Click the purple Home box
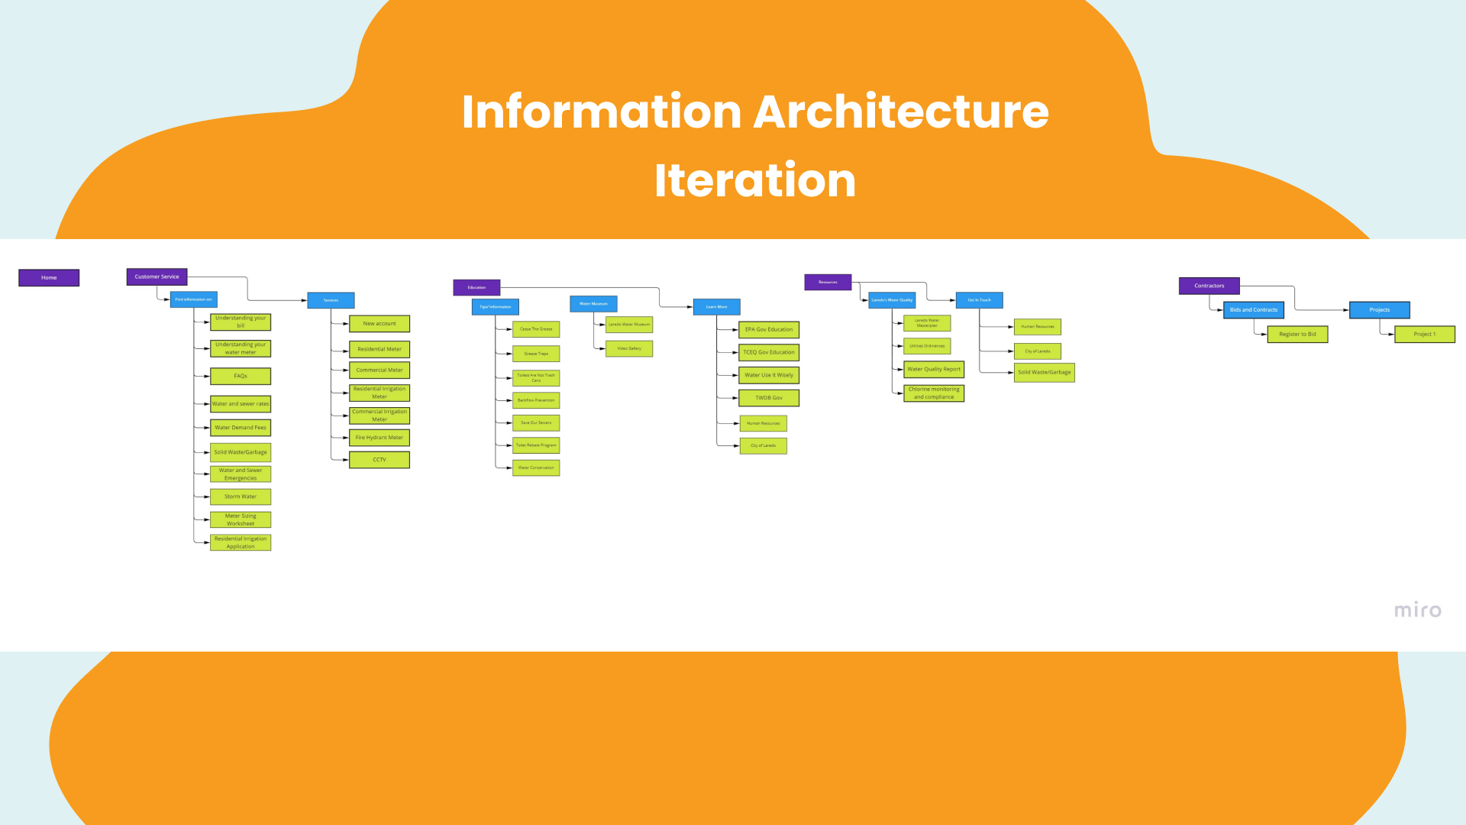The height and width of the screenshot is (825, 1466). click(x=49, y=277)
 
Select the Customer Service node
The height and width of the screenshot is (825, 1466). click(x=157, y=277)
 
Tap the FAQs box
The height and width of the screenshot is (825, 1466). click(x=241, y=376)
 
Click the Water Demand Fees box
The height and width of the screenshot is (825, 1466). click(x=241, y=428)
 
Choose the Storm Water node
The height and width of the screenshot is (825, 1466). click(x=241, y=497)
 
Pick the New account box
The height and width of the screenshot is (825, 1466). click(x=379, y=323)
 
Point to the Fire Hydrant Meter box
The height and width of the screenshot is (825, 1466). click(x=379, y=438)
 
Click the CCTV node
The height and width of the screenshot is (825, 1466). click(x=379, y=460)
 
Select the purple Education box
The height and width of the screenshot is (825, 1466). click(x=476, y=287)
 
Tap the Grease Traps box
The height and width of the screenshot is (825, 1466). click(x=536, y=354)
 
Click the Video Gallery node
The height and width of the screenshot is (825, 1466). click(x=629, y=348)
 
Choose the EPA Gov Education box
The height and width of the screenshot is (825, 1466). click(x=769, y=329)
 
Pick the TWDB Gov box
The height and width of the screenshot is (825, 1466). click(x=769, y=398)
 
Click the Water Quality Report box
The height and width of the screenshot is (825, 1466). click(x=934, y=369)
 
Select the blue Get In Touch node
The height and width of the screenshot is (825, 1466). click(x=979, y=300)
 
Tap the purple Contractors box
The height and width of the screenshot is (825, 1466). click(x=1209, y=286)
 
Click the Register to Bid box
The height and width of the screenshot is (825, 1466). click(x=1297, y=334)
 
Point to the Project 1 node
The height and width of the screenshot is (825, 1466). click(x=1424, y=334)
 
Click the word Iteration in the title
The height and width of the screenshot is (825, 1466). click(x=755, y=180)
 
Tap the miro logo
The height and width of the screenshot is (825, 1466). click(x=1417, y=610)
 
